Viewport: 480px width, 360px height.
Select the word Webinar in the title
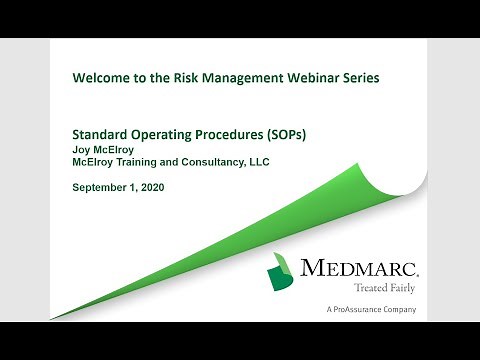(301, 79)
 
